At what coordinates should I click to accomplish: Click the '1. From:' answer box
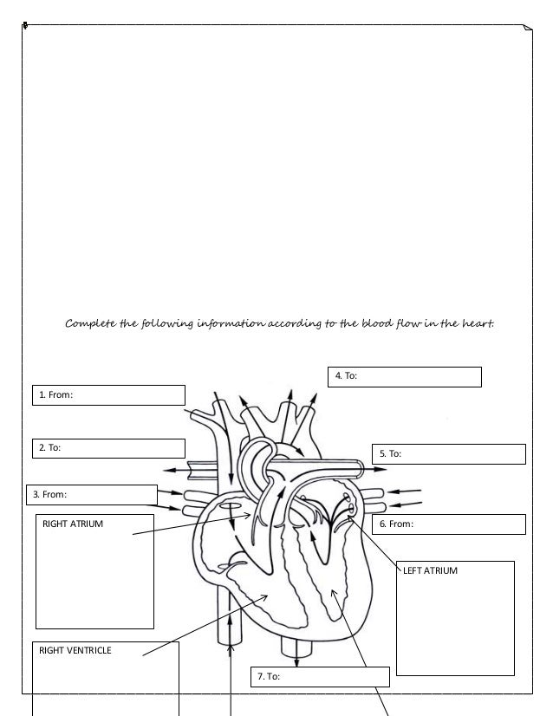point(109,395)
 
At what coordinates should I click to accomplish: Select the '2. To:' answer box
point(109,448)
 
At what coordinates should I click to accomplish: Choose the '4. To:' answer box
point(405,376)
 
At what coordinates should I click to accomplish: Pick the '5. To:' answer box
point(449,453)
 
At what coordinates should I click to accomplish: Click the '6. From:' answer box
point(449,524)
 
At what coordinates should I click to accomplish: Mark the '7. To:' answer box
point(320,676)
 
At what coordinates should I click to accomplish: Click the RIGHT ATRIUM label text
point(73,524)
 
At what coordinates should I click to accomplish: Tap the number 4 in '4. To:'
point(338,376)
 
